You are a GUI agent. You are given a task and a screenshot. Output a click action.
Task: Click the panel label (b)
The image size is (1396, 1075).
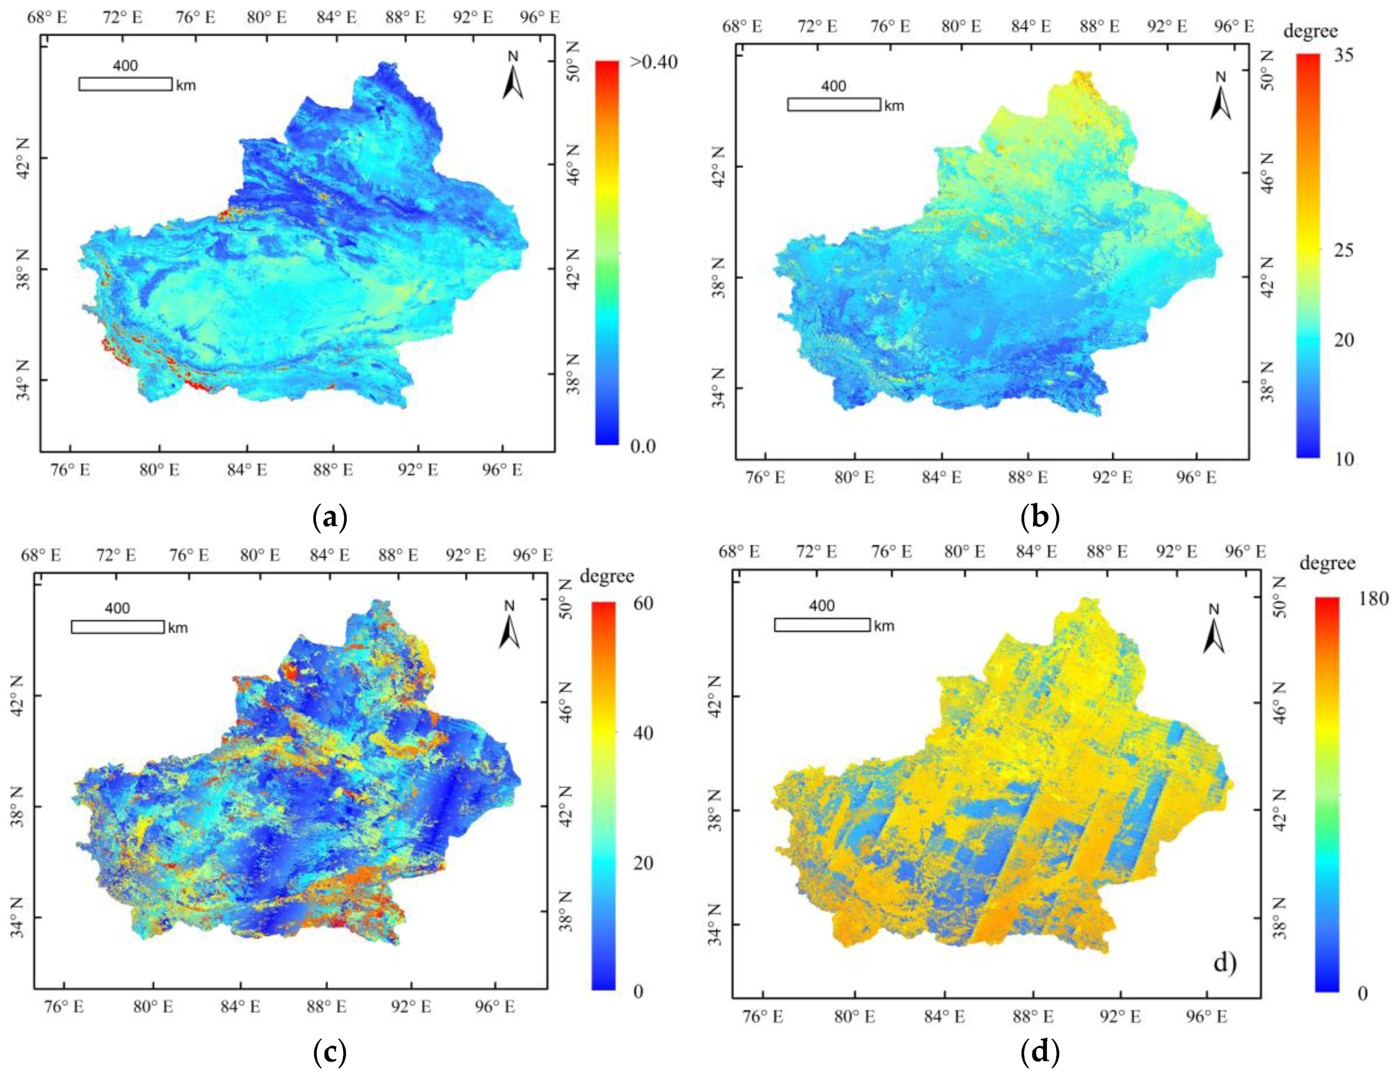[x=1041, y=517]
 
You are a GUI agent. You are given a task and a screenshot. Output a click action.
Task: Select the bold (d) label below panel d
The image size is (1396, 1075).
[x=1041, y=1053]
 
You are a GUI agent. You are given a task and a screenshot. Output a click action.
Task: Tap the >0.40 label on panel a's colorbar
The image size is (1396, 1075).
[x=653, y=62]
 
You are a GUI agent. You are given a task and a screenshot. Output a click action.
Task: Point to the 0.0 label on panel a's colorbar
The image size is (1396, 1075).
[x=643, y=446]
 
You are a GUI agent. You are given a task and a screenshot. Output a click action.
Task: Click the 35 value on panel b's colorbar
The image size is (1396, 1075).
[x=1344, y=56]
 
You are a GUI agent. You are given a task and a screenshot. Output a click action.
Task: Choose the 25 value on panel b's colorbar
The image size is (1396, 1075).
[x=1344, y=249]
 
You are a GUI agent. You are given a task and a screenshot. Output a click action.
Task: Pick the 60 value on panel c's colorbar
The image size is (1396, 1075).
[x=643, y=603]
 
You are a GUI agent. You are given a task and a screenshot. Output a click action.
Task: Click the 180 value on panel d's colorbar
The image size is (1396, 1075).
[x=1374, y=598]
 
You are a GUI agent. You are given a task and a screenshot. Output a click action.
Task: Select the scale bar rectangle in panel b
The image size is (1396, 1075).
[x=833, y=104]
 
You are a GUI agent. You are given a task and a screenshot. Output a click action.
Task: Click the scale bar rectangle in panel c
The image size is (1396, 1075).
[x=118, y=627]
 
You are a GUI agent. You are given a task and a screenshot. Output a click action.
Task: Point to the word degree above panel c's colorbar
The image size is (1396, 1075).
[x=607, y=576]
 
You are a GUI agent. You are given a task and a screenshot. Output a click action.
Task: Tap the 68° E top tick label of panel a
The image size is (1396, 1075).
[x=46, y=17]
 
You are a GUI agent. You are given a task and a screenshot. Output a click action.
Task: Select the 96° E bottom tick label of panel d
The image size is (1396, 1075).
[x=1208, y=1016]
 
